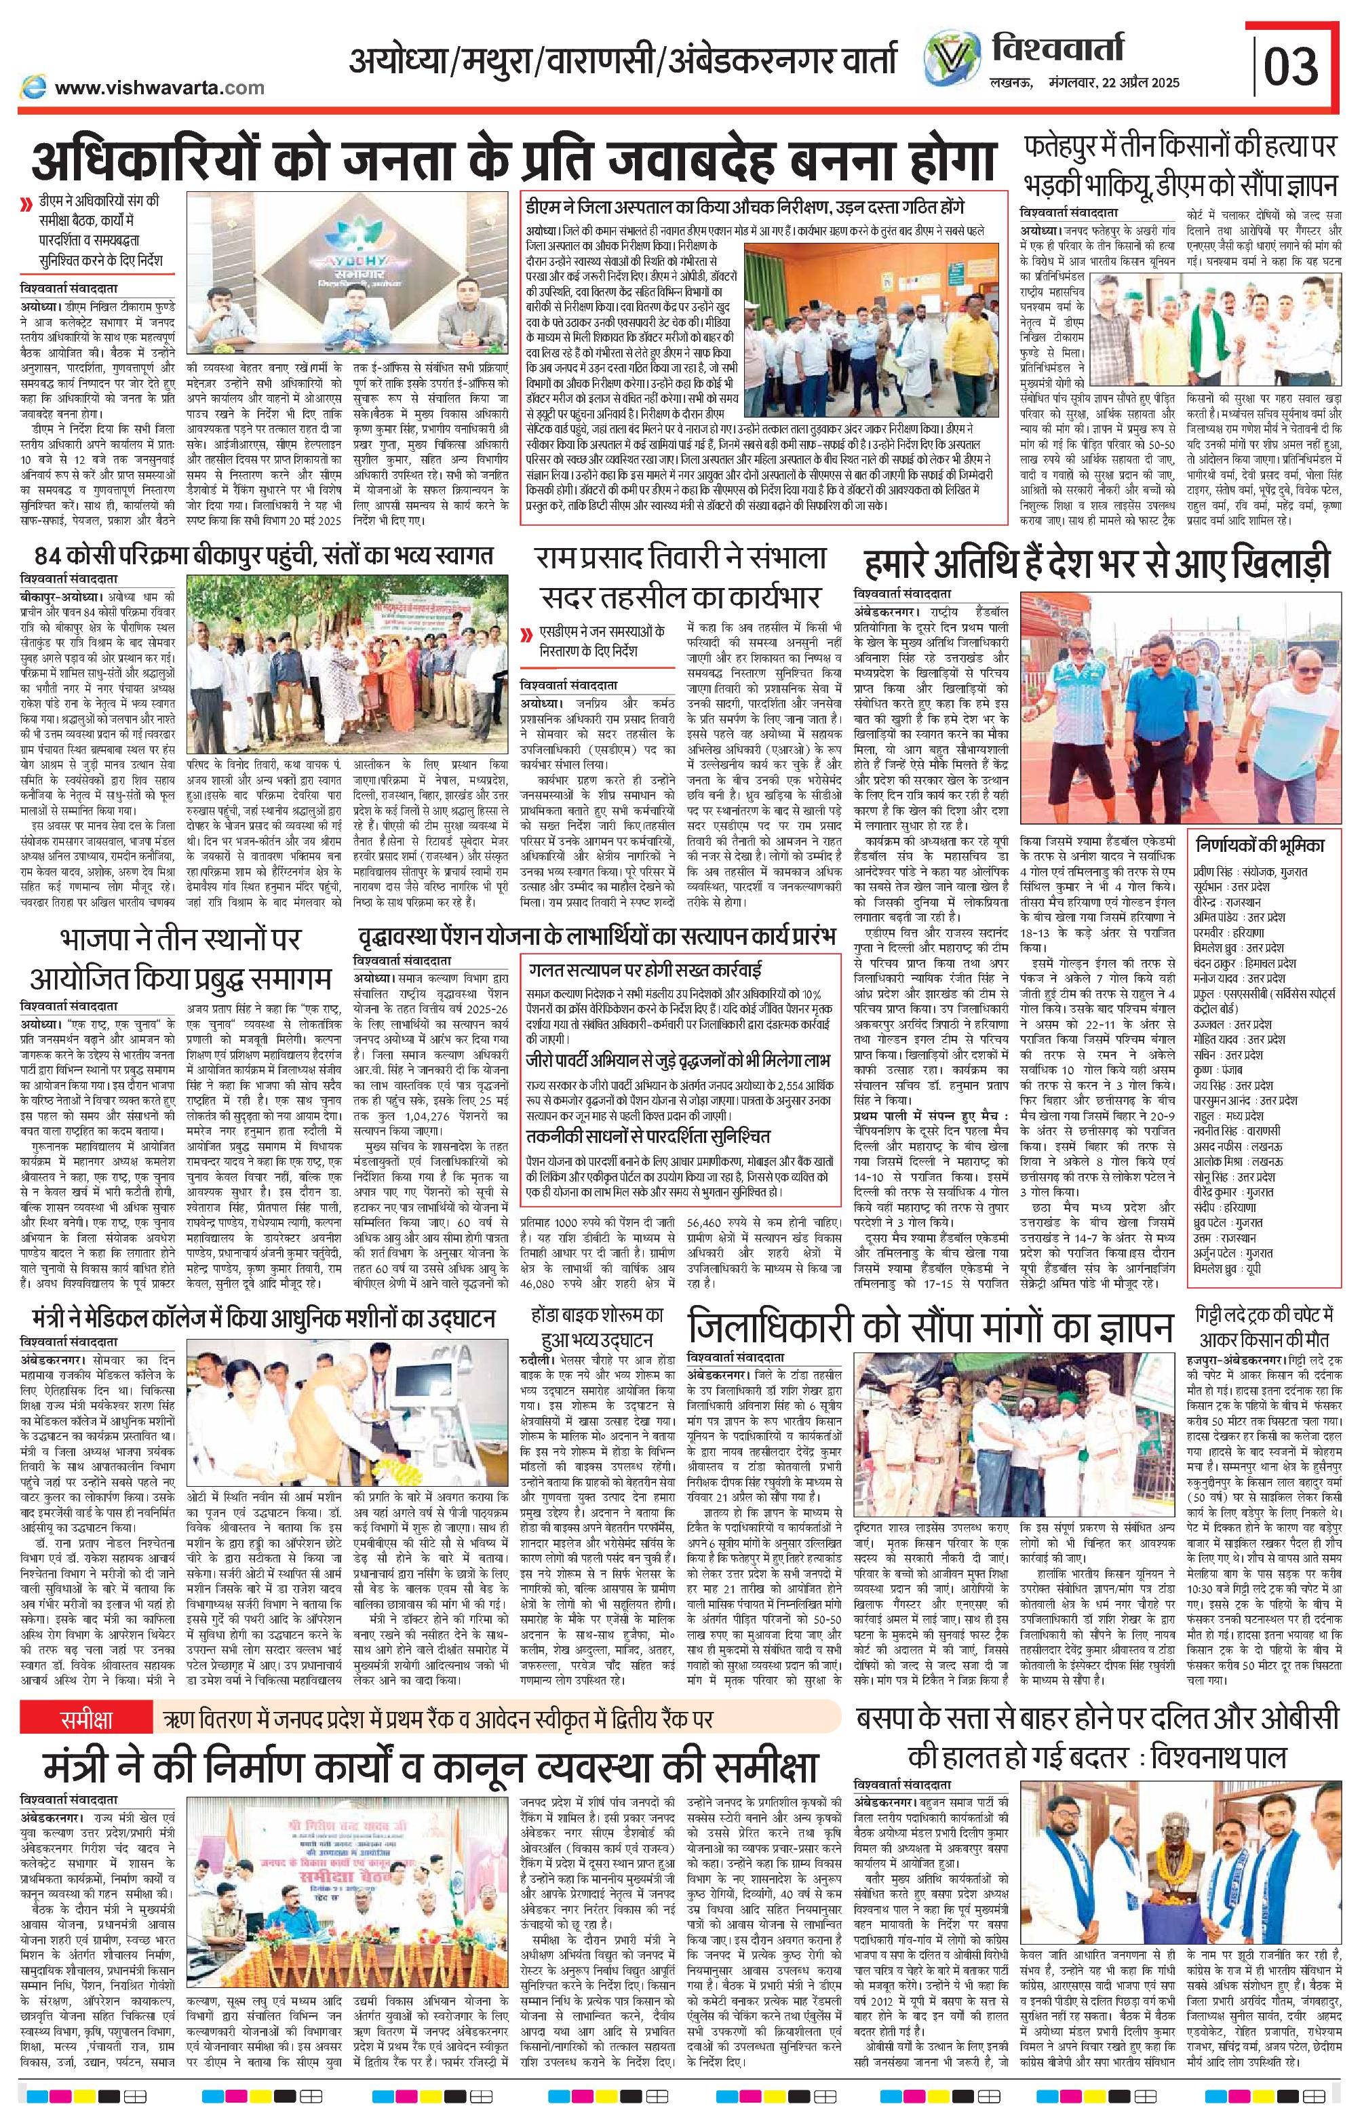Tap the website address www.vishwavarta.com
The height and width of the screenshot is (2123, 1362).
160,87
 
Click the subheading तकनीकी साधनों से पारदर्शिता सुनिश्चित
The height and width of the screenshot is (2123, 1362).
646,1135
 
